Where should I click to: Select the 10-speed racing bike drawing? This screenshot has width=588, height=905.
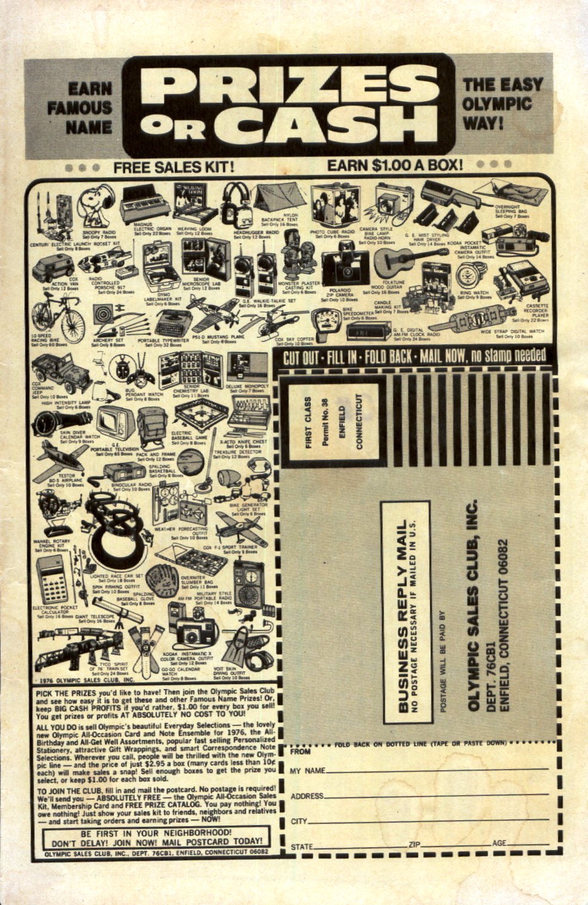click(58, 316)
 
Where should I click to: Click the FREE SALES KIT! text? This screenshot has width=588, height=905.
click(174, 168)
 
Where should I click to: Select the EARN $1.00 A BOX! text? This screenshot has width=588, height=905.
click(395, 165)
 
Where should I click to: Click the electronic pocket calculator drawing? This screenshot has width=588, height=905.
click(52, 582)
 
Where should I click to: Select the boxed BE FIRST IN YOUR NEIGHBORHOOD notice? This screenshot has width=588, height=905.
click(156, 838)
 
